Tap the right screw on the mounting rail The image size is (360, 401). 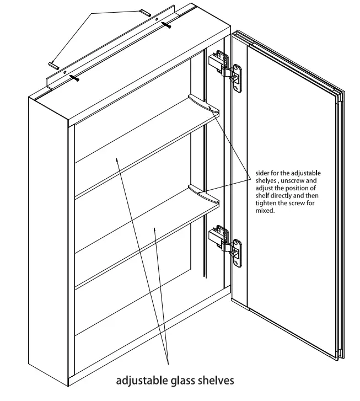(x=166, y=24)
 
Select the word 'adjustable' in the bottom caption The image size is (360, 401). (x=142, y=380)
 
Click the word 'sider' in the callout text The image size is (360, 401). (x=263, y=173)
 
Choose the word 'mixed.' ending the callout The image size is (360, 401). (x=265, y=211)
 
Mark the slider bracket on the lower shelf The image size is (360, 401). (x=202, y=193)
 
